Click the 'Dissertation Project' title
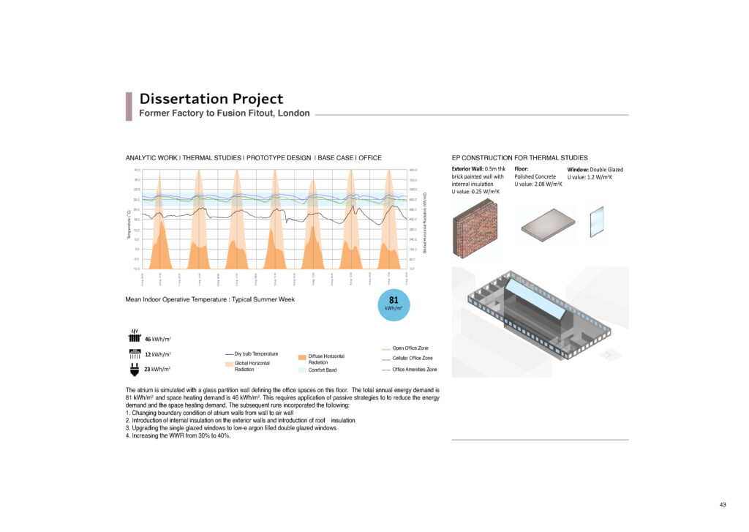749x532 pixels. pyautogui.click(x=211, y=99)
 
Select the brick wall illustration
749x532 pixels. pyautogui.click(x=475, y=228)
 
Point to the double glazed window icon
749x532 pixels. pyautogui.click(x=597, y=222)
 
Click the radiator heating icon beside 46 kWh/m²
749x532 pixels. pyautogui.click(x=135, y=338)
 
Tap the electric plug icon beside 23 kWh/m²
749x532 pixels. pyautogui.click(x=135, y=370)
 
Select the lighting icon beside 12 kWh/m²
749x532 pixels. pyautogui.click(x=135, y=354)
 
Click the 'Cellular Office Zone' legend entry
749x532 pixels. pyautogui.click(x=413, y=358)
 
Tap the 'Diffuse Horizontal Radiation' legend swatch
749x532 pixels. pyautogui.click(x=302, y=356)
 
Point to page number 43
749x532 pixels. pyautogui.click(x=723, y=505)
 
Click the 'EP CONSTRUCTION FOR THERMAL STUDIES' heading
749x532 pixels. pyautogui.click(x=519, y=157)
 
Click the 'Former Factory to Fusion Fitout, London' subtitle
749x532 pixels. pyautogui.click(x=225, y=113)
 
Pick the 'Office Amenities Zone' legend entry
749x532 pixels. pyautogui.click(x=415, y=370)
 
